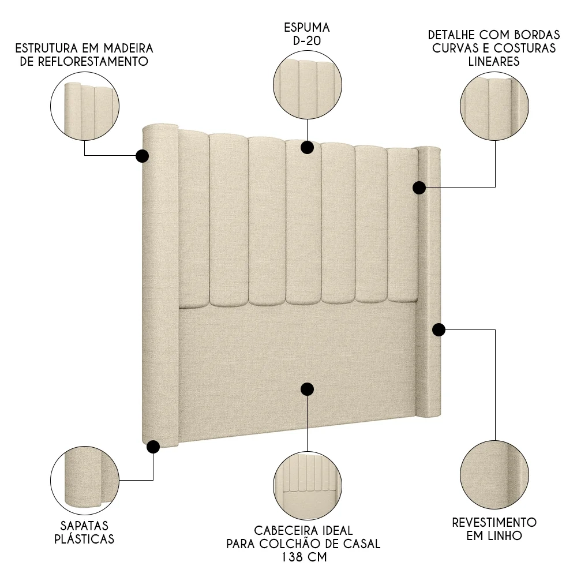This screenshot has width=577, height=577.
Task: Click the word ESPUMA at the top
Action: pos(307,27)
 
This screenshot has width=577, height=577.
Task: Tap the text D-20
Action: pos(307,42)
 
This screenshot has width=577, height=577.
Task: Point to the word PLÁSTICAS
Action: pos(84,539)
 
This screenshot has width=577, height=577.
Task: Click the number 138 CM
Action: pos(304,558)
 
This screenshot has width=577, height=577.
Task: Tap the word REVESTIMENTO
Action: pos(494,522)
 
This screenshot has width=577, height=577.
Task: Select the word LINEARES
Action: pos(494,61)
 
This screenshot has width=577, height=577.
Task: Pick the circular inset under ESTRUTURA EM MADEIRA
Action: pos(85,107)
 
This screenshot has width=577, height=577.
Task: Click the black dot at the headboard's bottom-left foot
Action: pos(153,446)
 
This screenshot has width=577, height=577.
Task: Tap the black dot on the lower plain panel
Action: pos(307,389)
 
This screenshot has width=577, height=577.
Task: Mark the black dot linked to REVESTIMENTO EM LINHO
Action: pos(439,329)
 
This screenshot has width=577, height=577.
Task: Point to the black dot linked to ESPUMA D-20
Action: pos(307,147)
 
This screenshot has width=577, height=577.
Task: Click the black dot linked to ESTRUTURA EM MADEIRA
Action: pos(142,156)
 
